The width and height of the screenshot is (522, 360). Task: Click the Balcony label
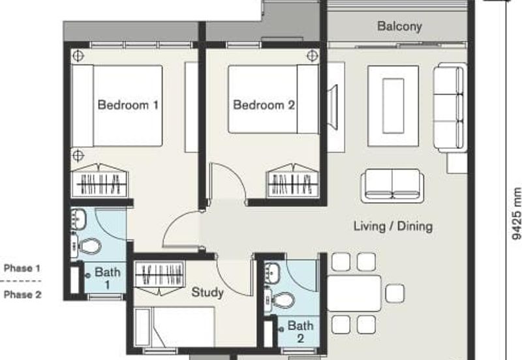(399, 26)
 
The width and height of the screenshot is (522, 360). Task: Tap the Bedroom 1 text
(128, 105)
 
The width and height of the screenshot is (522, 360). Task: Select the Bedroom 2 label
(264, 105)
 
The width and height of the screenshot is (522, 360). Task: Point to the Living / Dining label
(393, 226)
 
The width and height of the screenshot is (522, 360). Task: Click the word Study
(207, 292)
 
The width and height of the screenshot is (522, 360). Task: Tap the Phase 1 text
(22, 268)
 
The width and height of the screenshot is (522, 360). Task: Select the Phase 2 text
(22, 294)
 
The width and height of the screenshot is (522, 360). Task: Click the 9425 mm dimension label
(516, 213)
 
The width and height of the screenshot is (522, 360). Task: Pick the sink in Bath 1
(78, 219)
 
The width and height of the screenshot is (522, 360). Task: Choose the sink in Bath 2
(272, 273)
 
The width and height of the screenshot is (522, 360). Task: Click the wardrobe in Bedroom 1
(100, 181)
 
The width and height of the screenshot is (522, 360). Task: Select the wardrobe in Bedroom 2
(292, 181)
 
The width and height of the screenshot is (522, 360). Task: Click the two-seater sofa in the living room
(392, 186)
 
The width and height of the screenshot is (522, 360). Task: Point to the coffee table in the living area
(393, 106)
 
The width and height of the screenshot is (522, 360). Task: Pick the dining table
(354, 293)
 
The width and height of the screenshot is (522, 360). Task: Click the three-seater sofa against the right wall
(450, 107)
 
